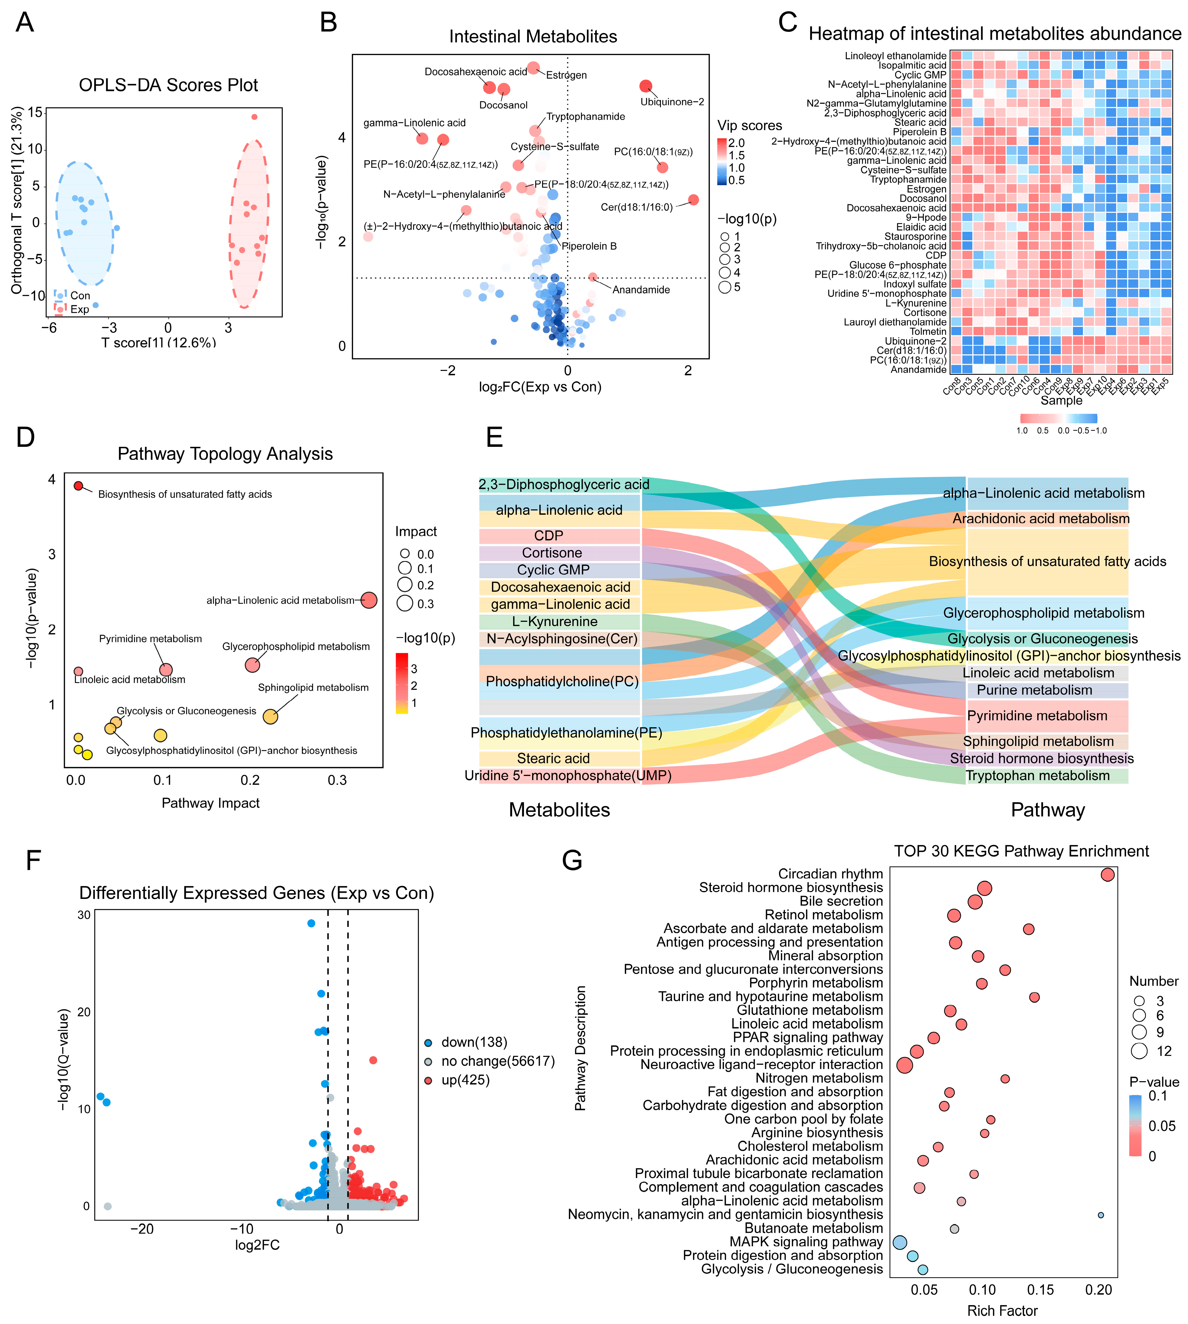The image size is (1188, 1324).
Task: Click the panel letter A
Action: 25,23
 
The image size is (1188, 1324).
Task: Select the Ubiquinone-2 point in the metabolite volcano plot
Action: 646,86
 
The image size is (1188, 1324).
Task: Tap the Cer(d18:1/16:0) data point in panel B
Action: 693,200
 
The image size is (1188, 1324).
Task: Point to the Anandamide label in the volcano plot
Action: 641,290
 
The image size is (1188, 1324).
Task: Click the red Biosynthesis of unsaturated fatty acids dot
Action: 78,485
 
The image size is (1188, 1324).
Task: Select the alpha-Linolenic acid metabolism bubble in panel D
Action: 369,600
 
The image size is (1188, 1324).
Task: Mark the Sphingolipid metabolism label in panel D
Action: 313,688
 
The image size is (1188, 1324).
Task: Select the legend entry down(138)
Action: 474,1042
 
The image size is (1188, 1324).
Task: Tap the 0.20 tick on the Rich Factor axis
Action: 1098,1290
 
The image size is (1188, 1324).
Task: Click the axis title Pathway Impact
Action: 211,803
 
